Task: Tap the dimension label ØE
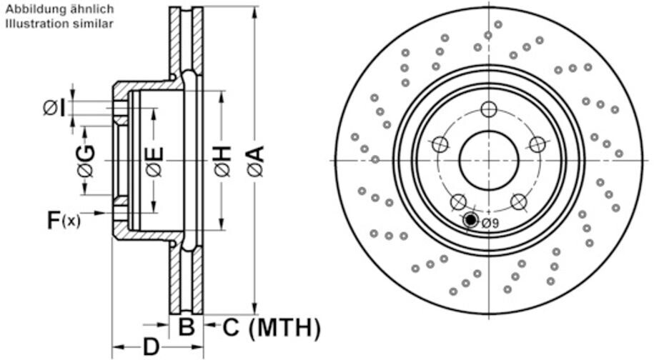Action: [154, 161]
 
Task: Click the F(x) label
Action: [64, 219]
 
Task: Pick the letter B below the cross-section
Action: [186, 328]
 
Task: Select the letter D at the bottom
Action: [151, 348]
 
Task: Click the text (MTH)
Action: [284, 328]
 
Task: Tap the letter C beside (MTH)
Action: [230, 328]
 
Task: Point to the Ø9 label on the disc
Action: [490, 224]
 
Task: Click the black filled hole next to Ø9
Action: [471, 220]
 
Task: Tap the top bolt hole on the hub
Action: [488, 109]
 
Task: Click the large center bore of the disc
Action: [488, 161]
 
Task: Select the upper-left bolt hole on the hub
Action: [440, 145]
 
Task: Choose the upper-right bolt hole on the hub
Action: [537, 144]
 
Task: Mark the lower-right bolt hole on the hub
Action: [519, 201]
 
